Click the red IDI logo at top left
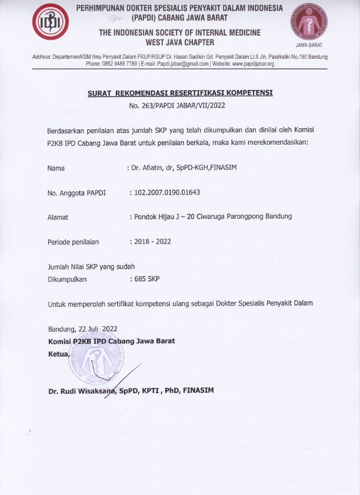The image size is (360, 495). click(x=50, y=22)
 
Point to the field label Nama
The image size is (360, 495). click(x=56, y=168)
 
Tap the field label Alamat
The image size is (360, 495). click(x=58, y=217)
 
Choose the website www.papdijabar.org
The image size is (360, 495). click(x=254, y=63)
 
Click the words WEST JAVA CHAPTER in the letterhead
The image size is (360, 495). click(x=180, y=42)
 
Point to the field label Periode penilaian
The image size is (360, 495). click(x=73, y=242)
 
